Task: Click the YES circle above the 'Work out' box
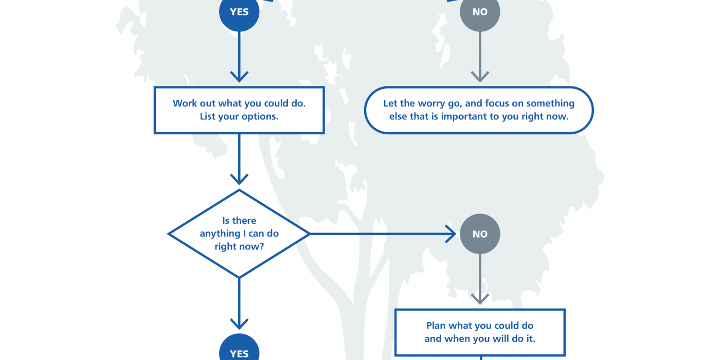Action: point(239,12)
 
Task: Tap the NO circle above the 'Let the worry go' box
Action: point(480,12)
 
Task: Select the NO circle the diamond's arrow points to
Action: point(480,234)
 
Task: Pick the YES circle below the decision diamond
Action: point(239,349)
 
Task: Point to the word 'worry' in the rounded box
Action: point(433,103)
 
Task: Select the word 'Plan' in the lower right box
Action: point(436,326)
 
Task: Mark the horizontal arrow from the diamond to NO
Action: point(383,234)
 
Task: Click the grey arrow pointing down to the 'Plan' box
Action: point(480,279)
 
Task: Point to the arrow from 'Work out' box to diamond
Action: point(239,159)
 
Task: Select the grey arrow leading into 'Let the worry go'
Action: point(480,57)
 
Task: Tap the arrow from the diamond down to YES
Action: point(239,303)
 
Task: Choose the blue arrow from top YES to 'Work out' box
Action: point(239,57)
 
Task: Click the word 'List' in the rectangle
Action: point(207,116)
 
